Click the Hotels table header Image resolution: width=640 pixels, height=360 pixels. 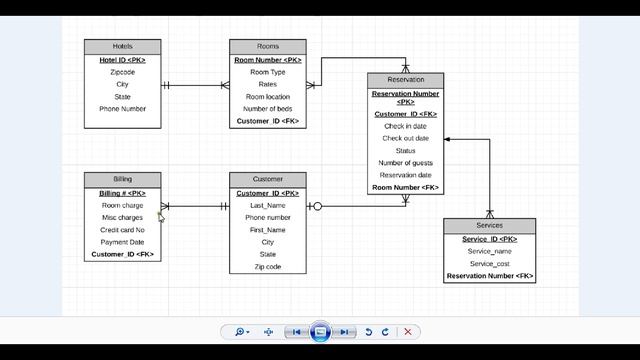(x=122, y=46)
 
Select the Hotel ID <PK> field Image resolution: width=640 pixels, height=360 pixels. (x=122, y=60)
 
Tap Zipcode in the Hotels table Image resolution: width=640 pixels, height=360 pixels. (x=122, y=72)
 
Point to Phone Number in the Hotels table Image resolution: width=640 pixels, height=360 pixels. (x=122, y=109)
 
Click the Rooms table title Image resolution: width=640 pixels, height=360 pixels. (x=267, y=46)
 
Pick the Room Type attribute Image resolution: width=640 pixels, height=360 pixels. (x=267, y=72)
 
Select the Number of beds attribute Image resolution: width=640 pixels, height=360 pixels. (x=267, y=109)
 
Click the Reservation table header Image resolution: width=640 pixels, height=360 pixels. (x=405, y=80)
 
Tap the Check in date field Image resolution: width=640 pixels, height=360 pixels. (x=405, y=126)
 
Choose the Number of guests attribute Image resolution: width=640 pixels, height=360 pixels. (x=405, y=163)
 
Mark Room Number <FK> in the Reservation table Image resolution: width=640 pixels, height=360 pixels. (x=405, y=187)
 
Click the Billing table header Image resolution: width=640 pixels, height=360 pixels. (x=122, y=179)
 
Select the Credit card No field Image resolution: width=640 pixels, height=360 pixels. (x=122, y=230)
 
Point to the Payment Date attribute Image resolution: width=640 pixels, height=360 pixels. (x=122, y=242)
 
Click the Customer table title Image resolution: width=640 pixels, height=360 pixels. (x=267, y=179)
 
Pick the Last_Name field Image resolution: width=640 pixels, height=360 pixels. (x=267, y=205)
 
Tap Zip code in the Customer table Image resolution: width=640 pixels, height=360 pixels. (x=267, y=267)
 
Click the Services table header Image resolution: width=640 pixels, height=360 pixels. (x=489, y=225)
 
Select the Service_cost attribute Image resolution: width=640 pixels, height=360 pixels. (x=489, y=264)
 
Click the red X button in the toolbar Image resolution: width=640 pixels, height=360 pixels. (x=407, y=332)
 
